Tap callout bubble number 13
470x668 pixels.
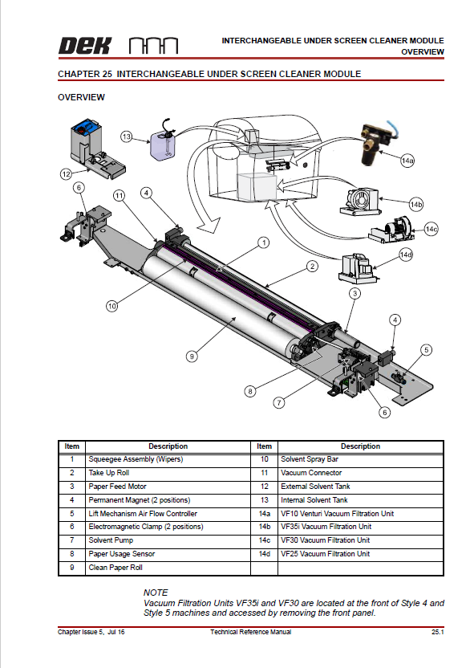(126, 136)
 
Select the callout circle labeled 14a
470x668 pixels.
(407, 161)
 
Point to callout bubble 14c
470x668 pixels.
(432, 230)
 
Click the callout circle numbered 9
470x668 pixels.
(192, 355)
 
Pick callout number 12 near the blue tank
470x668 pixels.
(67, 173)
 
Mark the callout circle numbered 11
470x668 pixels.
(119, 195)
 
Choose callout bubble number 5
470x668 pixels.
(427, 349)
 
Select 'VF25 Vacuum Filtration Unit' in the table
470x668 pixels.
(325, 554)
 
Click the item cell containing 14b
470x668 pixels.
(264, 527)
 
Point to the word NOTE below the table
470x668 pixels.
(156, 592)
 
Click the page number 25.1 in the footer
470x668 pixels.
(437, 632)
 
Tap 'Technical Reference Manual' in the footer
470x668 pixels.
(250, 632)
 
